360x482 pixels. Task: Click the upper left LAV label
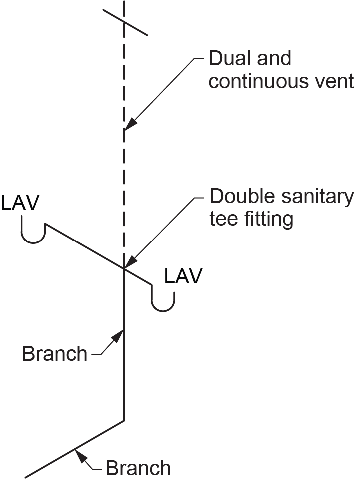pos(20,203)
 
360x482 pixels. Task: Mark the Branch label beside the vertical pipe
pos(55,354)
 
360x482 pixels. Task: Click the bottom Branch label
pos(138,469)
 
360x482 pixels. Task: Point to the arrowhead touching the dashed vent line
pos(129,125)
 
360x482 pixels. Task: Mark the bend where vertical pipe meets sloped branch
pos(123,421)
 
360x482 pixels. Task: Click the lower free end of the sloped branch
pos(26,476)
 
